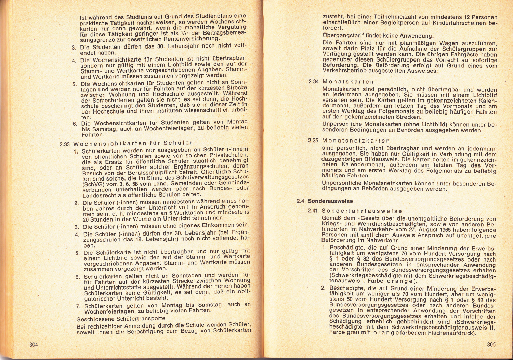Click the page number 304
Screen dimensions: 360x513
pyautogui.click(x=34, y=344)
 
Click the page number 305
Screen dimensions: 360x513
pyautogui.click(x=491, y=344)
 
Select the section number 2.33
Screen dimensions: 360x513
pyautogui.click(x=65, y=144)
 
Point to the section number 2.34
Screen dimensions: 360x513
pyautogui.click(x=313, y=82)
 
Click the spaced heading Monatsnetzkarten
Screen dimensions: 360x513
pyautogui.click(x=356, y=141)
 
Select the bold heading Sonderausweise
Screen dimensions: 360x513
pyautogui.click(x=330, y=201)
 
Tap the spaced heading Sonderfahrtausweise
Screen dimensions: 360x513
pyautogui.click(x=362, y=211)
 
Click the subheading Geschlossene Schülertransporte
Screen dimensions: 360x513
pyautogui.click(x=121, y=319)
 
